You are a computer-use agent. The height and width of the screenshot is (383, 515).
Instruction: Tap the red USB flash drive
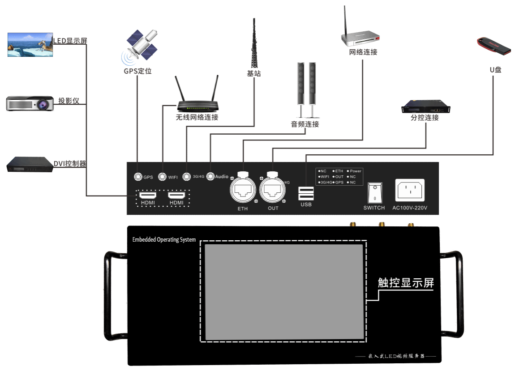click(x=493, y=46)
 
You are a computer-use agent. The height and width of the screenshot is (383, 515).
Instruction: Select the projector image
click(x=30, y=103)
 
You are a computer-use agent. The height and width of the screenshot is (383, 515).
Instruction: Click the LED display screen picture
click(x=30, y=44)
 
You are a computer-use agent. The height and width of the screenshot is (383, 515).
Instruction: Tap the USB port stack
click(x=306, y=194)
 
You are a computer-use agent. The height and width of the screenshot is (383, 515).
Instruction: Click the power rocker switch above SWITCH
click(x=374, y=193)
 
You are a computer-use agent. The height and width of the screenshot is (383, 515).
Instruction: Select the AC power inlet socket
click(x=410, y=191)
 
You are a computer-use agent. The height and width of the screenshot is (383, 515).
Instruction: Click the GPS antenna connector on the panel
click(x=138, y=177)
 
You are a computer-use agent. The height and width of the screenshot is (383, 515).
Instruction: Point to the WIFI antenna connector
click(x=162, y=177)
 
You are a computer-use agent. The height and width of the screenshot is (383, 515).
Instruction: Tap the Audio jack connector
click(x=210, y=177)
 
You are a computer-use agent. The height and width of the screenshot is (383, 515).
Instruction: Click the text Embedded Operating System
click(x=164, y=240)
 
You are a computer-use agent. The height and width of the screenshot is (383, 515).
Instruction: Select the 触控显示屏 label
click(x=406, y=283)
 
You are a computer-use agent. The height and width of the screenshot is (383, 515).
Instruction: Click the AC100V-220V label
click(x=410, y=208)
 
